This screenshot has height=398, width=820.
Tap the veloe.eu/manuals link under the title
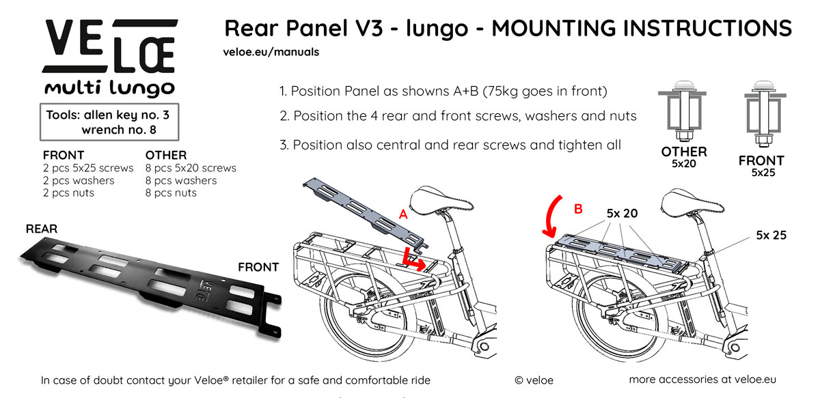tap(271, 52)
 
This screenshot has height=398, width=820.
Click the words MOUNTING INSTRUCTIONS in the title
tap(642, 28)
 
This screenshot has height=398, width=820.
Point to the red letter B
tap(577, 209)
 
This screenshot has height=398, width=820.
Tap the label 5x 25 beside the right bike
tap(771, 236)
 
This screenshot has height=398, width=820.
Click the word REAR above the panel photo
tap(42, 229)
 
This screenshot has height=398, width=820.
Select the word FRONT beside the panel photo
tap(258, 267)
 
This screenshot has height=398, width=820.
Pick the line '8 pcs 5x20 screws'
tap(191, 168)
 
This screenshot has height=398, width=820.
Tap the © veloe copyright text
tap(534, 380)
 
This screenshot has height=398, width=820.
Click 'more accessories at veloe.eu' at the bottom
tap(702, 380)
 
